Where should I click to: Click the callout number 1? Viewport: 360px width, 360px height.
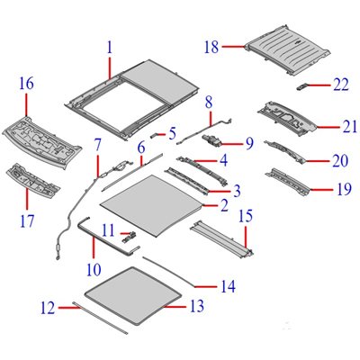point(110,47)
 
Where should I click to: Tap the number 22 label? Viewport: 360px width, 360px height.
point(340,85)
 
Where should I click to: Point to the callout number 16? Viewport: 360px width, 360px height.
point(26,84)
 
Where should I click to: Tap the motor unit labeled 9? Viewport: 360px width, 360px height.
point(214,140)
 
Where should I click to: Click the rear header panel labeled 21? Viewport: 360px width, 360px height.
point(286,115)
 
